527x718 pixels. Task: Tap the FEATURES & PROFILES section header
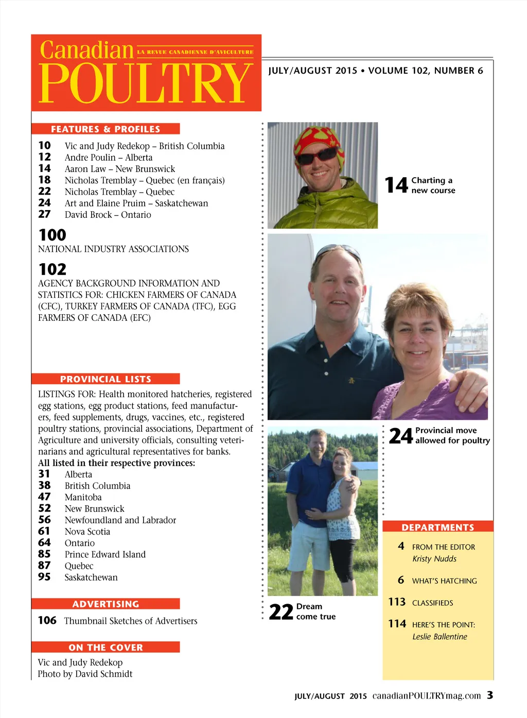(106, 129)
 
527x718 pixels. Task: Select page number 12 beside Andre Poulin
(45, 157)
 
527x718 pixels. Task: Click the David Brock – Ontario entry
(108, 215)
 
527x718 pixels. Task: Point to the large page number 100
(52, 235)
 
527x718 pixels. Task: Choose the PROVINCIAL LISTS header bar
(106, 379)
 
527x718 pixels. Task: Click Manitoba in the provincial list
(83, 498)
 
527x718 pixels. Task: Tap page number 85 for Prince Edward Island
(44, 554)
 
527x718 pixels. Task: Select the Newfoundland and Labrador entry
(120, 520)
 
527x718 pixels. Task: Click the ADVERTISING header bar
(106, 604)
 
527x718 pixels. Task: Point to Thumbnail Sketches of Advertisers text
(130, 621)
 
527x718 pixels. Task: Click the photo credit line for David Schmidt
(85, 674)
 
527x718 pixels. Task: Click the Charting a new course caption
(433, 185)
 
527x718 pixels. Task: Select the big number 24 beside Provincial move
(401, 436)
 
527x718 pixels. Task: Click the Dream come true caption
(315, 611)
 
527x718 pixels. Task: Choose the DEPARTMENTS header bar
(437, 527)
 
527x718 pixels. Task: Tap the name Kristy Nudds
(434, 559)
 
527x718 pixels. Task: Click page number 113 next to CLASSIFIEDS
(397, 602)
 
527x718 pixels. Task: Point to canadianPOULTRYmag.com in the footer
(427, 696)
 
